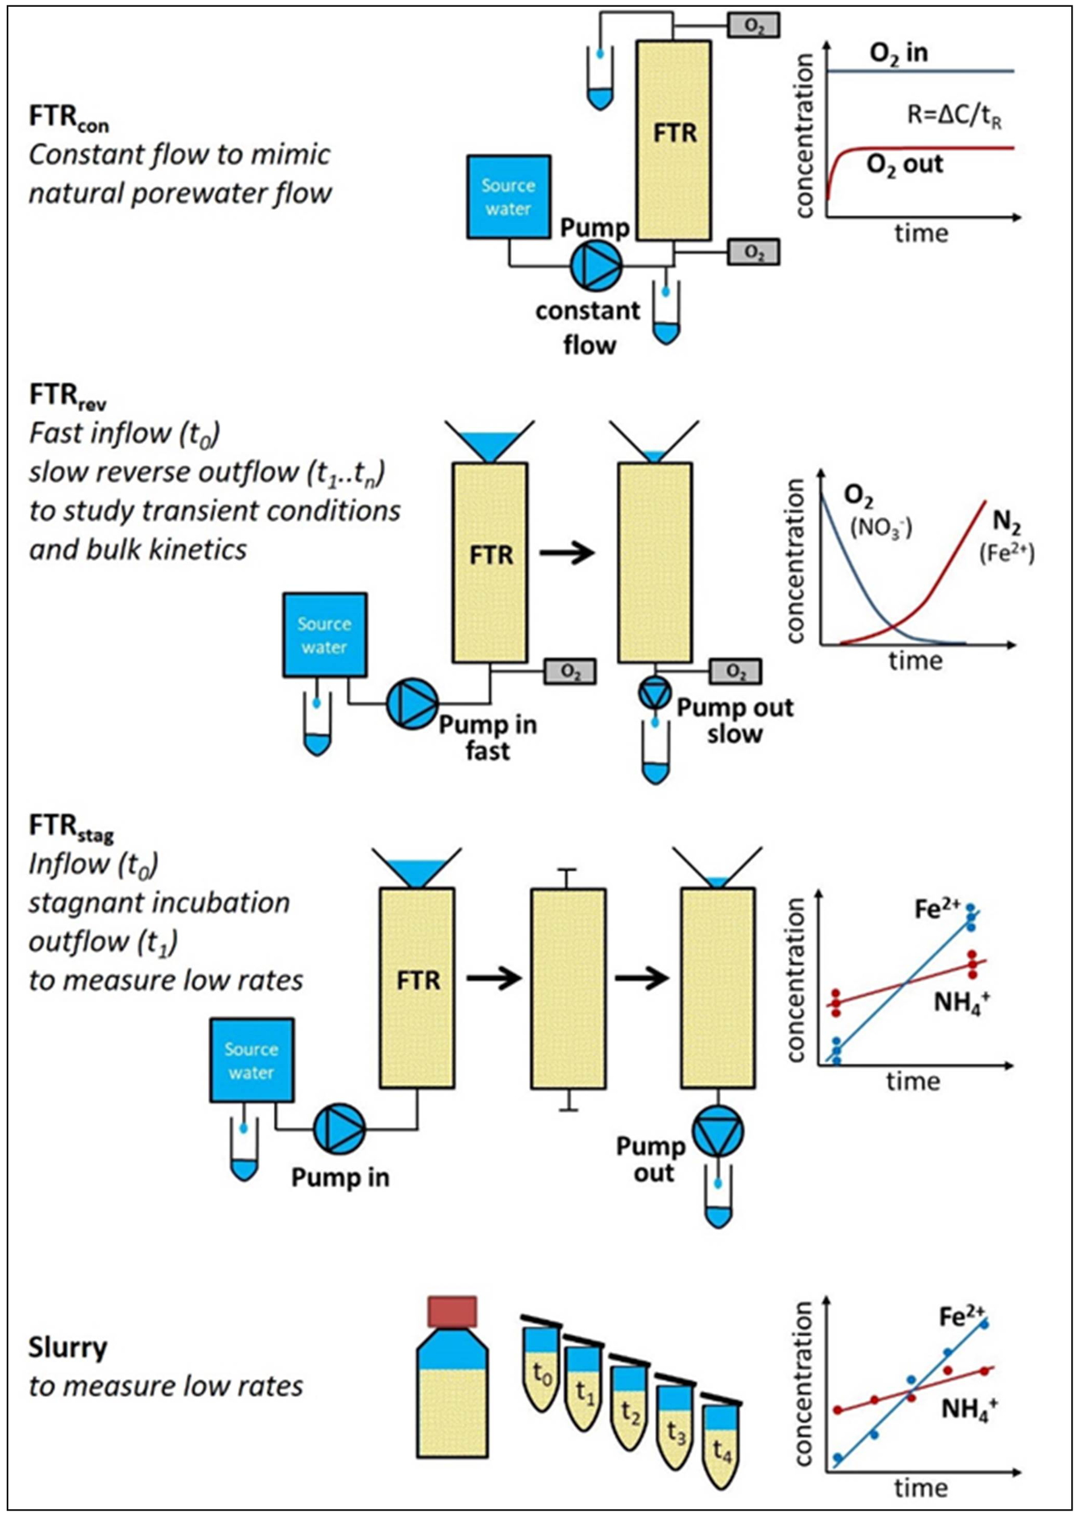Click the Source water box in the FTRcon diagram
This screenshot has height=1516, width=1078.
(508, 196)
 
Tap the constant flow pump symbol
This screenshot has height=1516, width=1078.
(596, 266)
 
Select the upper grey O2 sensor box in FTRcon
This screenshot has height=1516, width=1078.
(753, 26)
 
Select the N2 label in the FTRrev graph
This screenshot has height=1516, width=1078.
(1006, 522)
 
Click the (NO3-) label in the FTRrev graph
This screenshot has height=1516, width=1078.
(881, 528)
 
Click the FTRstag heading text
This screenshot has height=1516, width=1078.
(70, 827)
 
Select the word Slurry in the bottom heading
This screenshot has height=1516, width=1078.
(68, 1347)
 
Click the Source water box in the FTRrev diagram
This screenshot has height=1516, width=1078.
(325, 635)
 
